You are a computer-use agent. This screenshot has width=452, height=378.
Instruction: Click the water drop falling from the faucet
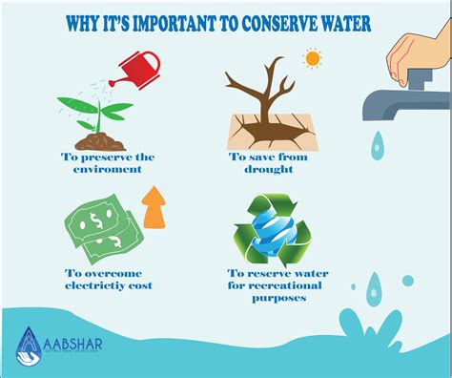[x=380, y=146]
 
